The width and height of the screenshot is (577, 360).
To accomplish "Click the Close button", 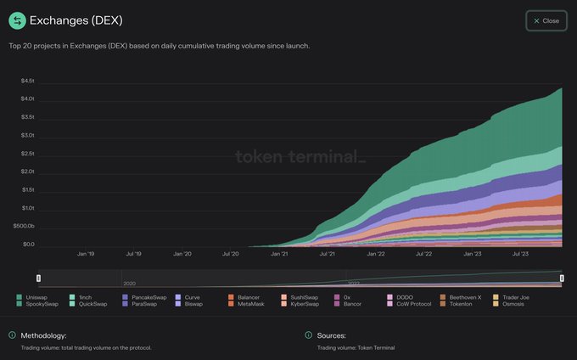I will pos(546,20).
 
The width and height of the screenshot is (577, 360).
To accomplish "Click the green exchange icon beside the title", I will pos(17,20).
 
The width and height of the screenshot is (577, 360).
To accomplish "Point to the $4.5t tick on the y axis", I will pos(28,81).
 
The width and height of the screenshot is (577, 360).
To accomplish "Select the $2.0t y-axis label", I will pos(28,172).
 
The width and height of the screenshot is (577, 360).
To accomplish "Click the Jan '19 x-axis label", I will pos(86,253).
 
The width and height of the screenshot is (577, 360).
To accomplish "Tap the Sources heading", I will pos(331,335).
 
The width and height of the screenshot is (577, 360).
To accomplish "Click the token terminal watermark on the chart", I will pos(299,156).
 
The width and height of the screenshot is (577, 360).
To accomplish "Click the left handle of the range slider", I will pos(38,278).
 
